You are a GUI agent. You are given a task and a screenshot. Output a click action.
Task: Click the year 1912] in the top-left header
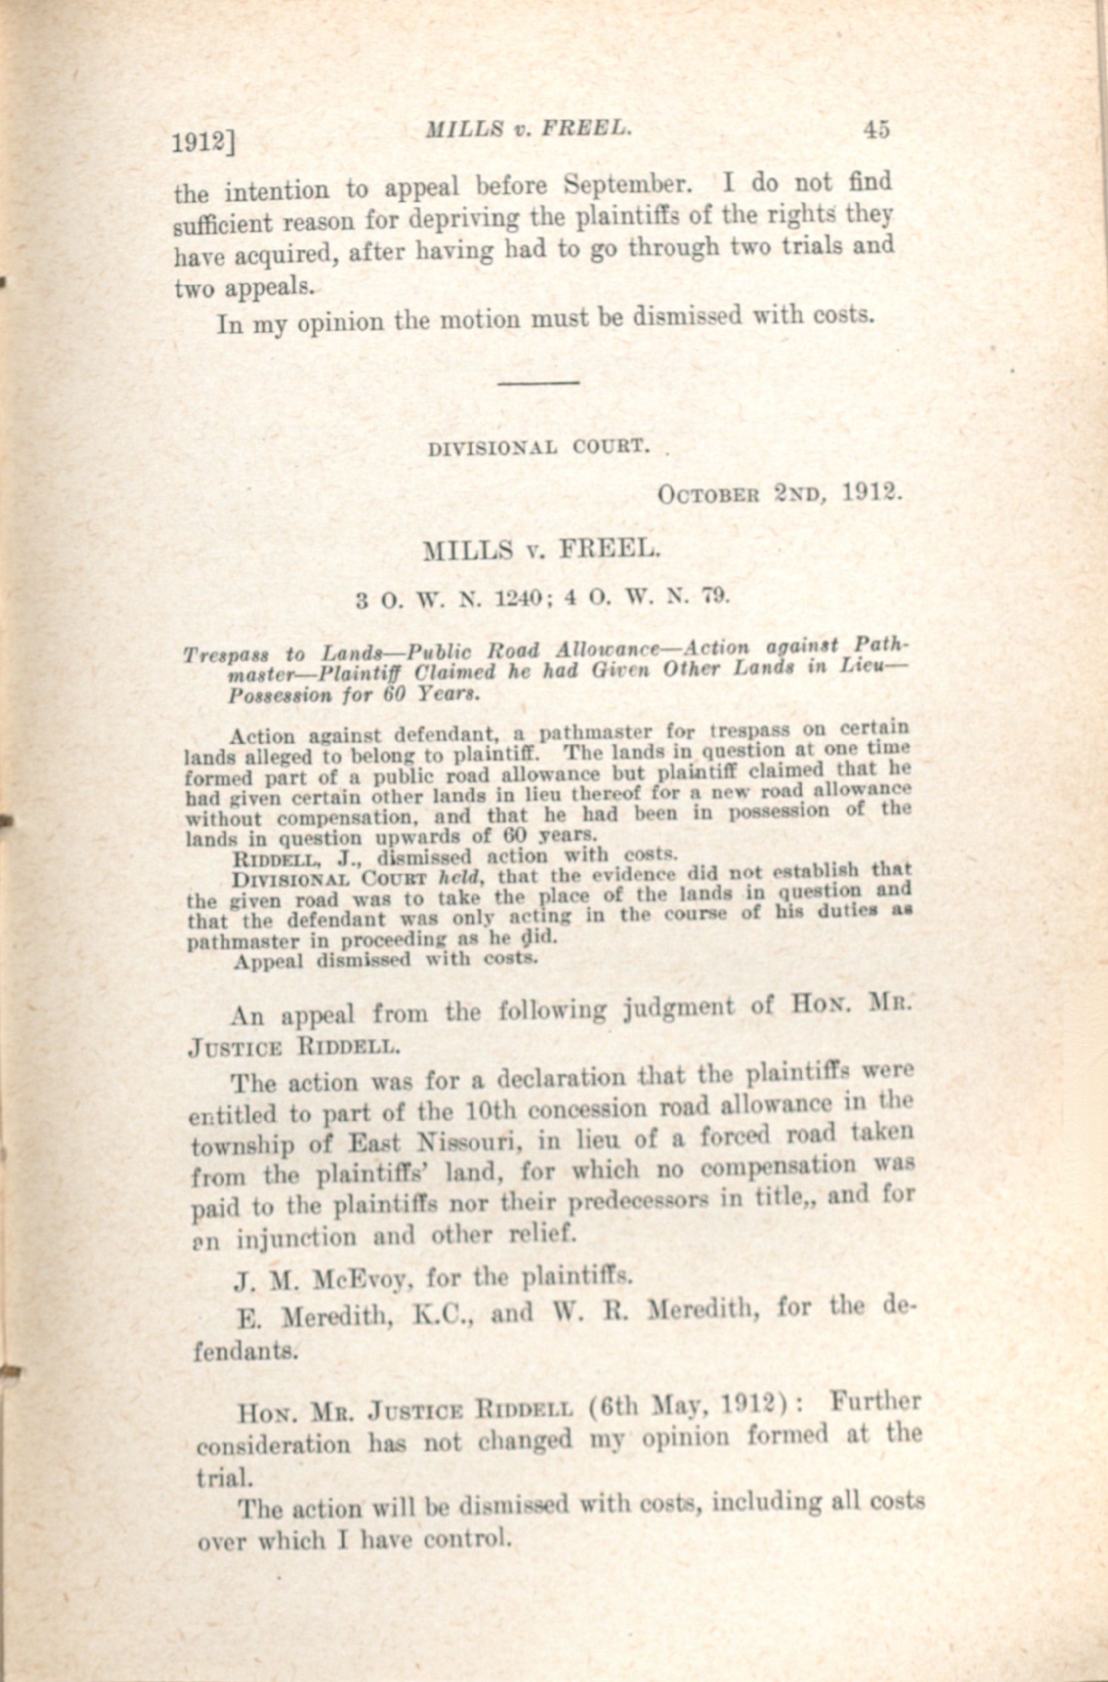[204, 143]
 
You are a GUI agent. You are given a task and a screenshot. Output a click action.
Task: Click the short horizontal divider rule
[539, 382]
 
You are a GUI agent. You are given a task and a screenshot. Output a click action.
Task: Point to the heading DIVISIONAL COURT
[539, 448]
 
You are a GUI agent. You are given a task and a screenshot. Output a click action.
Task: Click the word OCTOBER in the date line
[709, 494]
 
